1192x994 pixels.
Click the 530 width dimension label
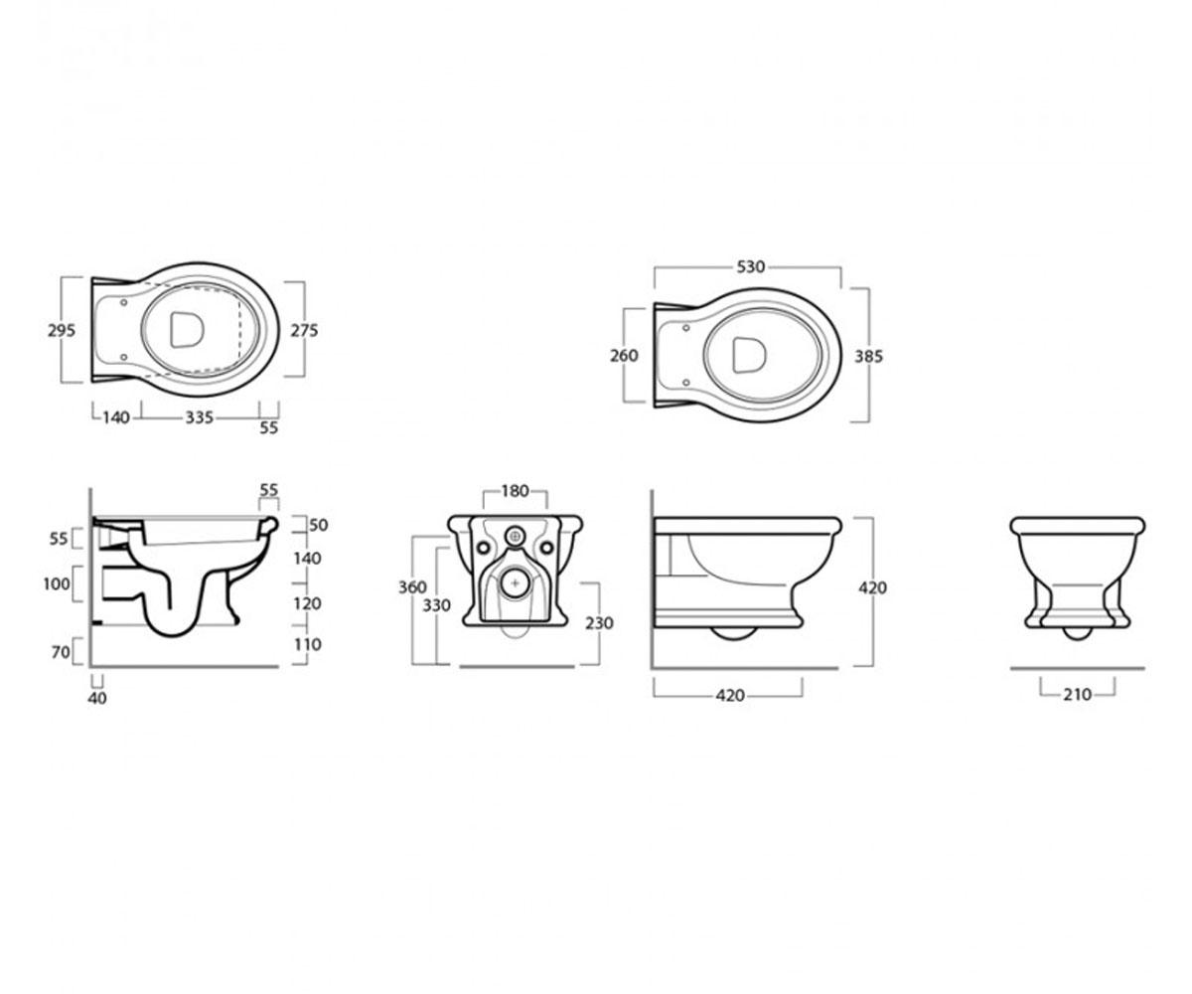click(x=750, y=266)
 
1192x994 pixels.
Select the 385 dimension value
click(x=868, y=357)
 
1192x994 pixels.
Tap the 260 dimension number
click(x=624, y=355)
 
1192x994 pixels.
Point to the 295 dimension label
click(x=62, y=330)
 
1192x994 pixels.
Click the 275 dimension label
click(x=304, y=330)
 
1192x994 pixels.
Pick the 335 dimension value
click(x=200, y=417)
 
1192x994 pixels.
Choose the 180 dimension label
click(x=515, y=491)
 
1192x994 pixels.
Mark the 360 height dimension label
click(x=412, y=587)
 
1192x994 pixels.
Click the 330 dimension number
click(x=437, y=605)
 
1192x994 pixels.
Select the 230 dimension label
click(x=599, y=622)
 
